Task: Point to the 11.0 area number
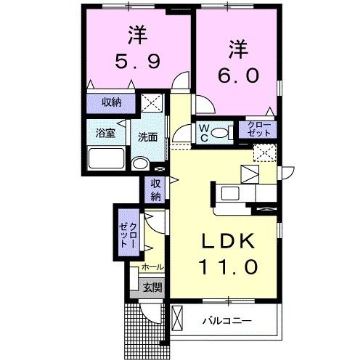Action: pos(227,268)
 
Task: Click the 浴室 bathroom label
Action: pos(106,134)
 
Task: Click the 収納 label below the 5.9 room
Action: pos(111,102)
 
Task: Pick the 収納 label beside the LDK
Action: pos(155,190)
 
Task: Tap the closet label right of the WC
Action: pos(257,130)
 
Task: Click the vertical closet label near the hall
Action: pos(128,234)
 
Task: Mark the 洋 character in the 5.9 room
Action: pos(133,33)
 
